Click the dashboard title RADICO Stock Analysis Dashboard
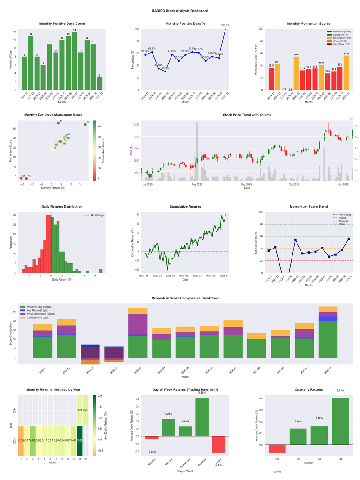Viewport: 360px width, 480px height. [180, 10]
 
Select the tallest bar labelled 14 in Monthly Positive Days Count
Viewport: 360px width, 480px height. [74, 61]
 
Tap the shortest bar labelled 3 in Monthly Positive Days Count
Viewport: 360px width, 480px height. [99, 84]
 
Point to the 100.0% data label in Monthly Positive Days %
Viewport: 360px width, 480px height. [225, 25]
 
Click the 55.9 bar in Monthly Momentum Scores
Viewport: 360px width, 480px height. [346, 72]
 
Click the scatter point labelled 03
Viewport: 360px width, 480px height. [85, 124]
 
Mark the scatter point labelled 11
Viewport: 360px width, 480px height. [58, 123]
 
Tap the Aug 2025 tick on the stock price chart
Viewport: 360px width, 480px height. [197, 184]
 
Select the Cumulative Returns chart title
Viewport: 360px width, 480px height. [185, 207]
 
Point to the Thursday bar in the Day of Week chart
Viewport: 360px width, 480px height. [202, 417]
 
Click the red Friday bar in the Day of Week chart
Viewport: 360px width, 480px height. [219, 445]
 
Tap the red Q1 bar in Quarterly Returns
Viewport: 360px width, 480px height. [277, 449]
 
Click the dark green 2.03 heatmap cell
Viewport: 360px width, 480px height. [79, 440]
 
